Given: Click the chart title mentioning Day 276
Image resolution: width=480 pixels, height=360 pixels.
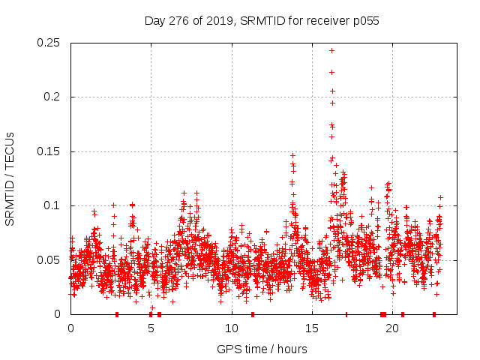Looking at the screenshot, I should click(262, 21).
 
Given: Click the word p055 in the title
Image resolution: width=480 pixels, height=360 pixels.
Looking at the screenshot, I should click(364, 21).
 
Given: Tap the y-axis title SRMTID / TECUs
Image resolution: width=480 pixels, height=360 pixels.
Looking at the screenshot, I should click(10, 178).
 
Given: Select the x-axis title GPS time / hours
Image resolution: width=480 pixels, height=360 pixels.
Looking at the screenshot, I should click(262, 349).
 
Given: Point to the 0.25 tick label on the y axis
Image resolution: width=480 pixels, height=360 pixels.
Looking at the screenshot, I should click(49, 43).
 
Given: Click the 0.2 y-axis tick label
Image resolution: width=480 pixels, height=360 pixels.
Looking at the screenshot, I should click(54, 97).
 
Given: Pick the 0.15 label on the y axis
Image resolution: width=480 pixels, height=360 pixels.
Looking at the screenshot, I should click(49, 151).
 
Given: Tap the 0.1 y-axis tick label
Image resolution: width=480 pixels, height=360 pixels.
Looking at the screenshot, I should click(54, 205).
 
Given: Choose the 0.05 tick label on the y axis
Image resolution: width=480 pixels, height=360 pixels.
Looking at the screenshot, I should click(49, 260).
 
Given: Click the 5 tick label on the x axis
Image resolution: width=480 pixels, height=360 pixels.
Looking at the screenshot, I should click(151, 328).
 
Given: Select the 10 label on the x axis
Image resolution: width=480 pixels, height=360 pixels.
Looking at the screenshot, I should click(231, 328).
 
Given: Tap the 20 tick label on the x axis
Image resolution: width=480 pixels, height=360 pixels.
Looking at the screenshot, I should click(392, 328).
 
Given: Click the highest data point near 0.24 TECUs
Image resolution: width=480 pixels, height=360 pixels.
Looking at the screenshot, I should click(331, 50).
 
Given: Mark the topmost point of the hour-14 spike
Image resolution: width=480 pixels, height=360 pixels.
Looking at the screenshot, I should click(292, 156).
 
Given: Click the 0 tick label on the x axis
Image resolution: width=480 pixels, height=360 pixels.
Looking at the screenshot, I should click(70, 328).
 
